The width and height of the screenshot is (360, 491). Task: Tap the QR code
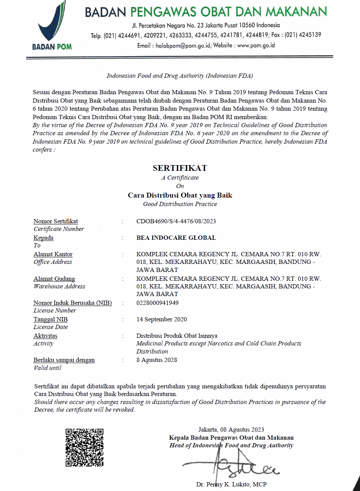85,447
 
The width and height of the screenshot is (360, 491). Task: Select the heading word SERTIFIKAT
180,168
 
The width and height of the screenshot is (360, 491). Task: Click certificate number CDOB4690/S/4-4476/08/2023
176,221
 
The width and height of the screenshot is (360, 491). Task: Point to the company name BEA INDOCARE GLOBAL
176,237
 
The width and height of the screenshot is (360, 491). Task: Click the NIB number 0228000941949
157,303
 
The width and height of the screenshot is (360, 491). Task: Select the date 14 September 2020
162,319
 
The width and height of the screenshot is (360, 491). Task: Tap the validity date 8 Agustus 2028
157,360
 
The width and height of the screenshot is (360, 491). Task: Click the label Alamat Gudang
54,278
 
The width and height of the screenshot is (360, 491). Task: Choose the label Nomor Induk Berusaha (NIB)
72,303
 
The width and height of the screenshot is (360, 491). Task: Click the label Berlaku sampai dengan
64,360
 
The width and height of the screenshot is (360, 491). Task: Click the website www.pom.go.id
256,45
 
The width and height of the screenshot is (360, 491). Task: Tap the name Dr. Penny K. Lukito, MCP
231,484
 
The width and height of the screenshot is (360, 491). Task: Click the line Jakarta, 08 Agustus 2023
231,429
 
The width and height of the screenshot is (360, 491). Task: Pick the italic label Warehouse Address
59,286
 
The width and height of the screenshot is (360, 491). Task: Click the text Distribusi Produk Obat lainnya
177,336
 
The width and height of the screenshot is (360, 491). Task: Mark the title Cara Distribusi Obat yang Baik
180,195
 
